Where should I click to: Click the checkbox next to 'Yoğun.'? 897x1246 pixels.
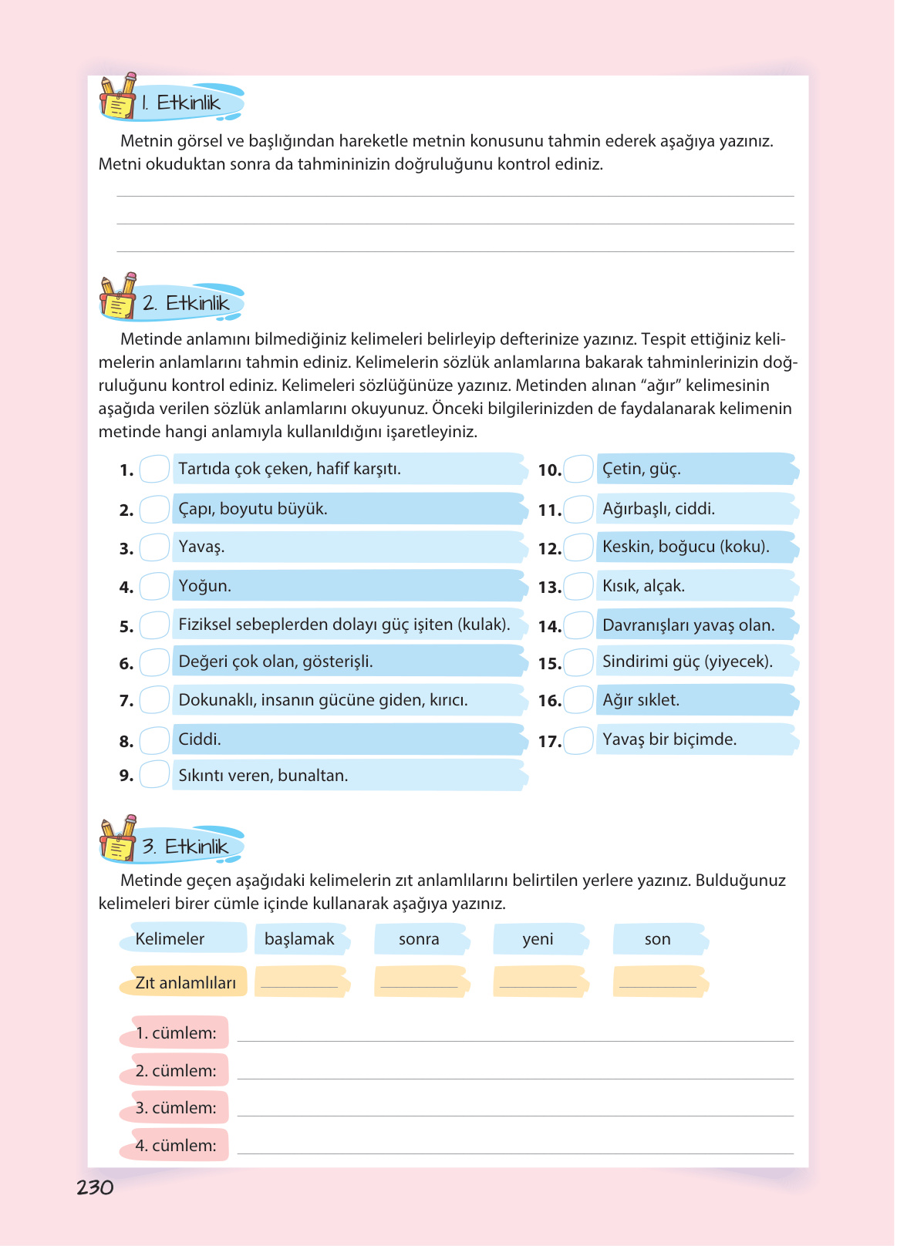click(154, 586)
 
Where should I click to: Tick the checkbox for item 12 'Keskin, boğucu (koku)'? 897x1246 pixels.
click(578, 547)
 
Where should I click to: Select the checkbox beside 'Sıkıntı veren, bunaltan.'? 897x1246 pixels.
click(154, 774)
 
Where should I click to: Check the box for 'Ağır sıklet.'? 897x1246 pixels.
click(578, 700)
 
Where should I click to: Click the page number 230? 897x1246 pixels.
click(95, 1187)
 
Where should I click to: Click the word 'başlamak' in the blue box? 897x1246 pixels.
click(299, 939)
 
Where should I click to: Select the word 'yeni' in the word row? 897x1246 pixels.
click(538, 939)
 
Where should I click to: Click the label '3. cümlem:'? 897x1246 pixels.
click(176, 1108)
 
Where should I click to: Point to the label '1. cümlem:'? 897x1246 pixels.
click(176, 1033)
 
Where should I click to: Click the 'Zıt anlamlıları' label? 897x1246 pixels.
click(185, 983)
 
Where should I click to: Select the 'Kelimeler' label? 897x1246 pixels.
click(170, 939)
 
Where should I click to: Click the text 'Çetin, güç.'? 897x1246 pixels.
click(641, 469)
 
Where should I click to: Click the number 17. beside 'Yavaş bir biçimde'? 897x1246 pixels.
click(549, 742)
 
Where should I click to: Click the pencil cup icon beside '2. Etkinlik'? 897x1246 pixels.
click(118, 296)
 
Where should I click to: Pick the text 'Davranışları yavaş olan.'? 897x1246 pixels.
click(688, 625)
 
